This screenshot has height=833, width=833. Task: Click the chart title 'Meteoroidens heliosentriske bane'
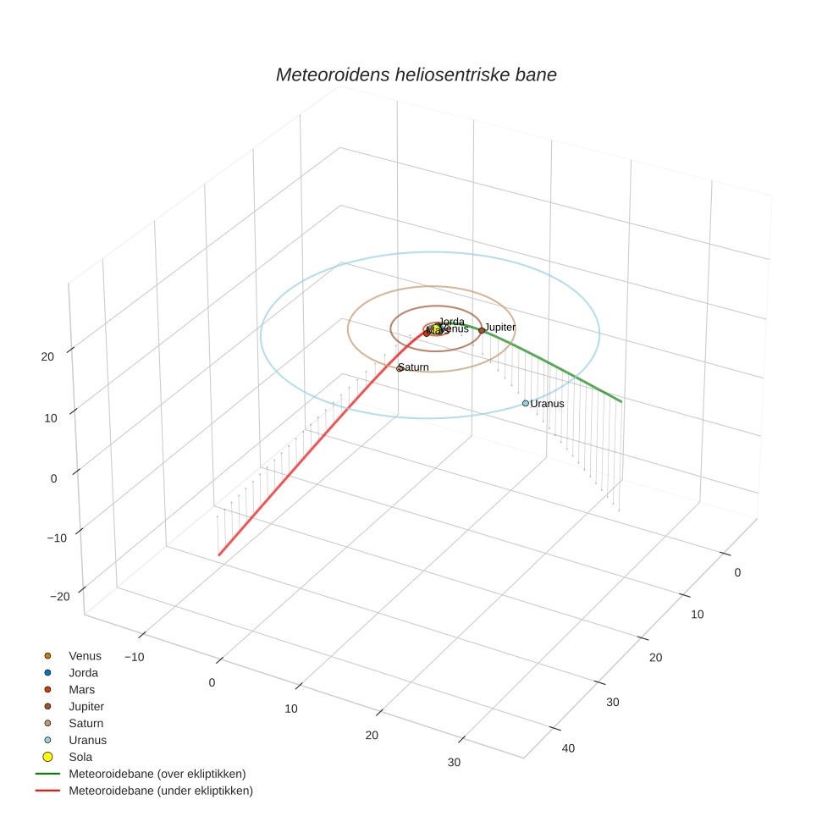click(416, 74)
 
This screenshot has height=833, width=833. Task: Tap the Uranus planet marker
click(525, 403)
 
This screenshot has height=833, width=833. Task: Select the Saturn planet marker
click(400, 368)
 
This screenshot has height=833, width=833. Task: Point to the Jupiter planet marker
click(481, 330)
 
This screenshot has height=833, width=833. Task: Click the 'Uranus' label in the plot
click(547, 404)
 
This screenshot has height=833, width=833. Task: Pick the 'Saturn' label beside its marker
click(414, 367)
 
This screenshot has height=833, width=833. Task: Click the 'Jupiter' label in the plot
click(500, 327)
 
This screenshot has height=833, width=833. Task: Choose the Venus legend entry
click(85, 655)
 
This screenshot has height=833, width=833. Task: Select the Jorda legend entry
click(83, 672)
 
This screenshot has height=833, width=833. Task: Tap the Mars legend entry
click(81, 689)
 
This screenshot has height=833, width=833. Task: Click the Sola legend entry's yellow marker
click(47, 757)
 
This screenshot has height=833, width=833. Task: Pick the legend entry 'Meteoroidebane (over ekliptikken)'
click(157, 774)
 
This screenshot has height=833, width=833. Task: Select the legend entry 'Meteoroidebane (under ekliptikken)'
click(161, 791)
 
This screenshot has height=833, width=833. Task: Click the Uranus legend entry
click(87, 740)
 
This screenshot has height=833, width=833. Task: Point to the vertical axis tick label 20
click(47, 356)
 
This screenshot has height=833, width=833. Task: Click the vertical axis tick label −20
click(59, 596)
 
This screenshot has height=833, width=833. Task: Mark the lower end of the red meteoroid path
click(219, 555)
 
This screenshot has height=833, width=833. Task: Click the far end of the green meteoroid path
click(622, 401)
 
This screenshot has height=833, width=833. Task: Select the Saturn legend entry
click(86, 723)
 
